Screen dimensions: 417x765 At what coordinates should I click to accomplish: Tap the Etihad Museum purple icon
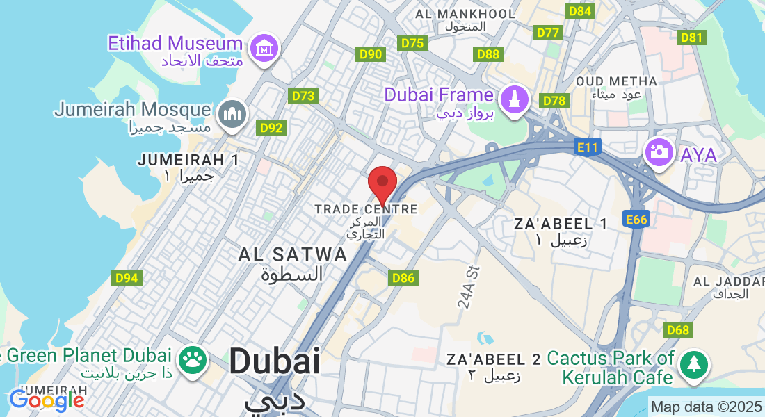coord(264,48)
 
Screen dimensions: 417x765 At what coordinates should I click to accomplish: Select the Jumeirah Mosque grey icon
coord(232,114)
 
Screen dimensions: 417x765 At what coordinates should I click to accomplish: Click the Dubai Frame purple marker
coord(515,98)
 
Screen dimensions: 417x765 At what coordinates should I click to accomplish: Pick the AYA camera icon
coord(658,152)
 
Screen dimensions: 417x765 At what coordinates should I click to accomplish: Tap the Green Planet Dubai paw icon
coord(193,359)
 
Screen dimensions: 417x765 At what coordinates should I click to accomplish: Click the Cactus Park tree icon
coord(693,364)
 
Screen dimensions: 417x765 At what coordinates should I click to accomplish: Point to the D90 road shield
coord(371,54)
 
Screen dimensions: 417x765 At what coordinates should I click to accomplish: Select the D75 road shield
coord(412,43)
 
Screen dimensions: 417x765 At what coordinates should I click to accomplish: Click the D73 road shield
coord(304,97)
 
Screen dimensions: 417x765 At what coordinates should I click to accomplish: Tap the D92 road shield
coord(271,128)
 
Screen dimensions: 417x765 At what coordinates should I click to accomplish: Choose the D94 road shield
coord(126,278)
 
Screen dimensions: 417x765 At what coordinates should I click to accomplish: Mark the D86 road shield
coord(403,278)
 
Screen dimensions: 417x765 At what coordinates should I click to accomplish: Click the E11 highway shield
coord(588,147)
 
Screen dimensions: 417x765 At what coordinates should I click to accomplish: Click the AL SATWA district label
coord(292,254)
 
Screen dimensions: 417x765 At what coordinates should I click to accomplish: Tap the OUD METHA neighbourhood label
coord(616,81)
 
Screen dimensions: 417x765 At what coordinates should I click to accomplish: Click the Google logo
coord(47,400)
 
